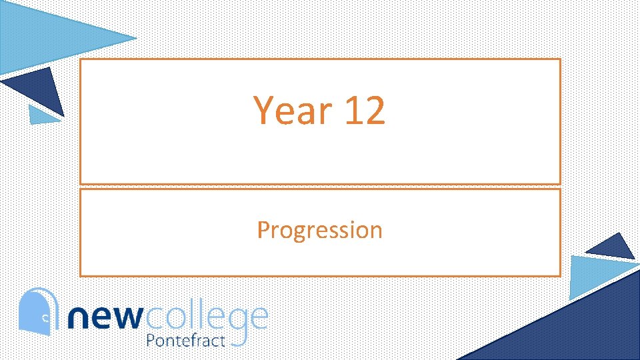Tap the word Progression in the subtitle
click(x=319, y=230)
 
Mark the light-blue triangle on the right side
click(x=597, y=275)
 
